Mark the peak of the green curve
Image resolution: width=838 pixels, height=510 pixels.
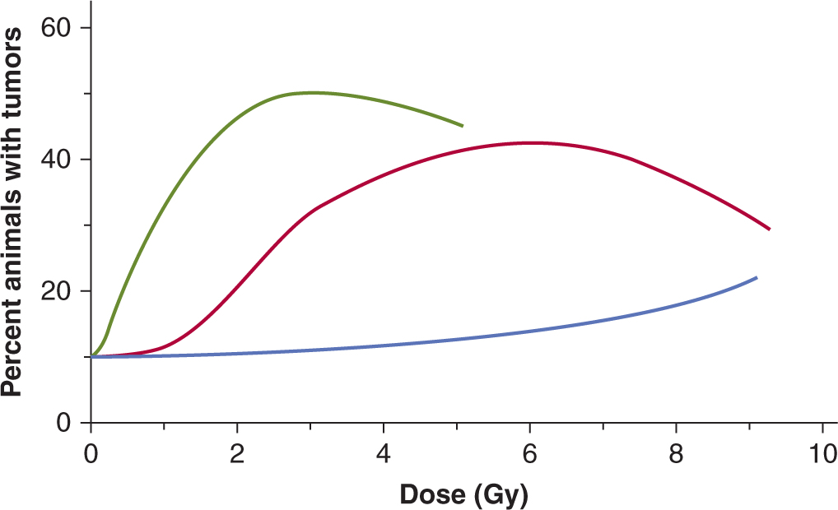311,93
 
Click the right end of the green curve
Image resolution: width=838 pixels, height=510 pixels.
462,126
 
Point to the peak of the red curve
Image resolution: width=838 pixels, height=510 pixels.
531,142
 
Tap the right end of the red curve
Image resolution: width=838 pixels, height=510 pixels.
769,229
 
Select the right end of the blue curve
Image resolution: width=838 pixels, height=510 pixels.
756,278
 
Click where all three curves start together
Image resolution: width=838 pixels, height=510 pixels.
92,357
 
